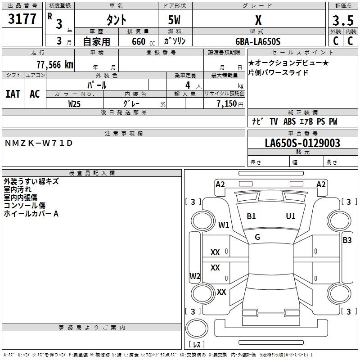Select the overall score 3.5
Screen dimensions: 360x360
[342, 21]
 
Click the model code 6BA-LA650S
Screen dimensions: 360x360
[258, 41]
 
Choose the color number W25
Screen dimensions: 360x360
[75, 103]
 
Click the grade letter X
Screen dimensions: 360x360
[258, 20]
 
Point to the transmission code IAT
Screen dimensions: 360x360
[13, 94]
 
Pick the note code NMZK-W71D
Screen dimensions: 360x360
[38, 143]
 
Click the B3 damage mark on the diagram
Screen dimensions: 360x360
[347, 240]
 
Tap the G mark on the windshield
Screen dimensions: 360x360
[257, 237]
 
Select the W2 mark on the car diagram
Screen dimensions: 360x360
[194, 276]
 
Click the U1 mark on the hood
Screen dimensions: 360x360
[291, 216]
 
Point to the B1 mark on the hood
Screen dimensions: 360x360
[251, 216]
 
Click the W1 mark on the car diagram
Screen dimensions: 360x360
[224, 225]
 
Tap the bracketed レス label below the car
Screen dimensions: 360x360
[197, 344]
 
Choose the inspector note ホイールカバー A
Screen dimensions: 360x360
[31, 214]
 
